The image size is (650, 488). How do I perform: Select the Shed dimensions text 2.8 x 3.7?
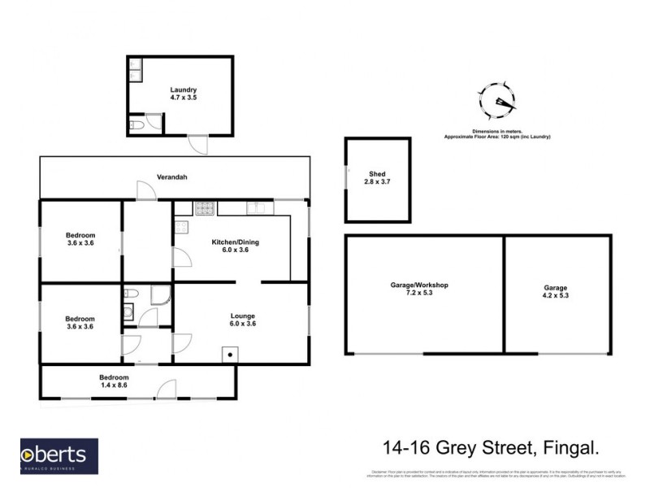point(376,183)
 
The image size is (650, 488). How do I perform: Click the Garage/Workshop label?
point(420,285)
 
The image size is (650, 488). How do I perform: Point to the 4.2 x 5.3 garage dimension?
point(557,296)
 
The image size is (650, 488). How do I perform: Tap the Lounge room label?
point(242,316)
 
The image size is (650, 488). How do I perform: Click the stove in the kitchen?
point(204,208)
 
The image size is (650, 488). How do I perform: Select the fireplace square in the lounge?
point(231,354)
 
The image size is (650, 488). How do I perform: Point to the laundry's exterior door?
point(197,144)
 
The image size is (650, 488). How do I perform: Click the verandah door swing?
point(146,190)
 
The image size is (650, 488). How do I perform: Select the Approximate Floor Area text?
point(497,137)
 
